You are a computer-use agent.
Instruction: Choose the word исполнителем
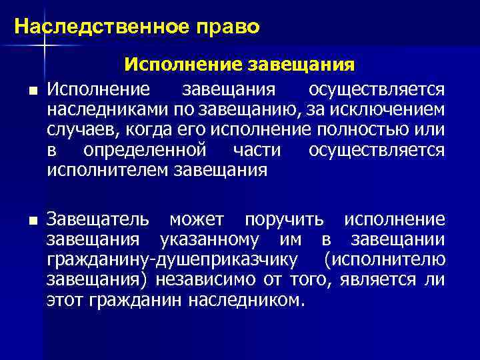108,170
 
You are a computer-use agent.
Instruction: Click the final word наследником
247,300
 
